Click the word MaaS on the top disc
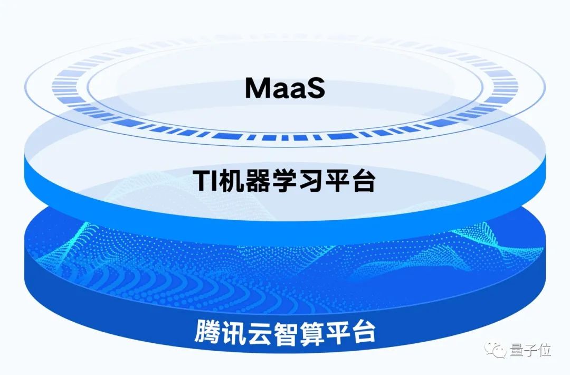point(285,88)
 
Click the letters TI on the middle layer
point(205,180)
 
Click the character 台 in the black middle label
point(363,180)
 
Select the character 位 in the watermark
point(544,350)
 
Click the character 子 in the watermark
point(530,350)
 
